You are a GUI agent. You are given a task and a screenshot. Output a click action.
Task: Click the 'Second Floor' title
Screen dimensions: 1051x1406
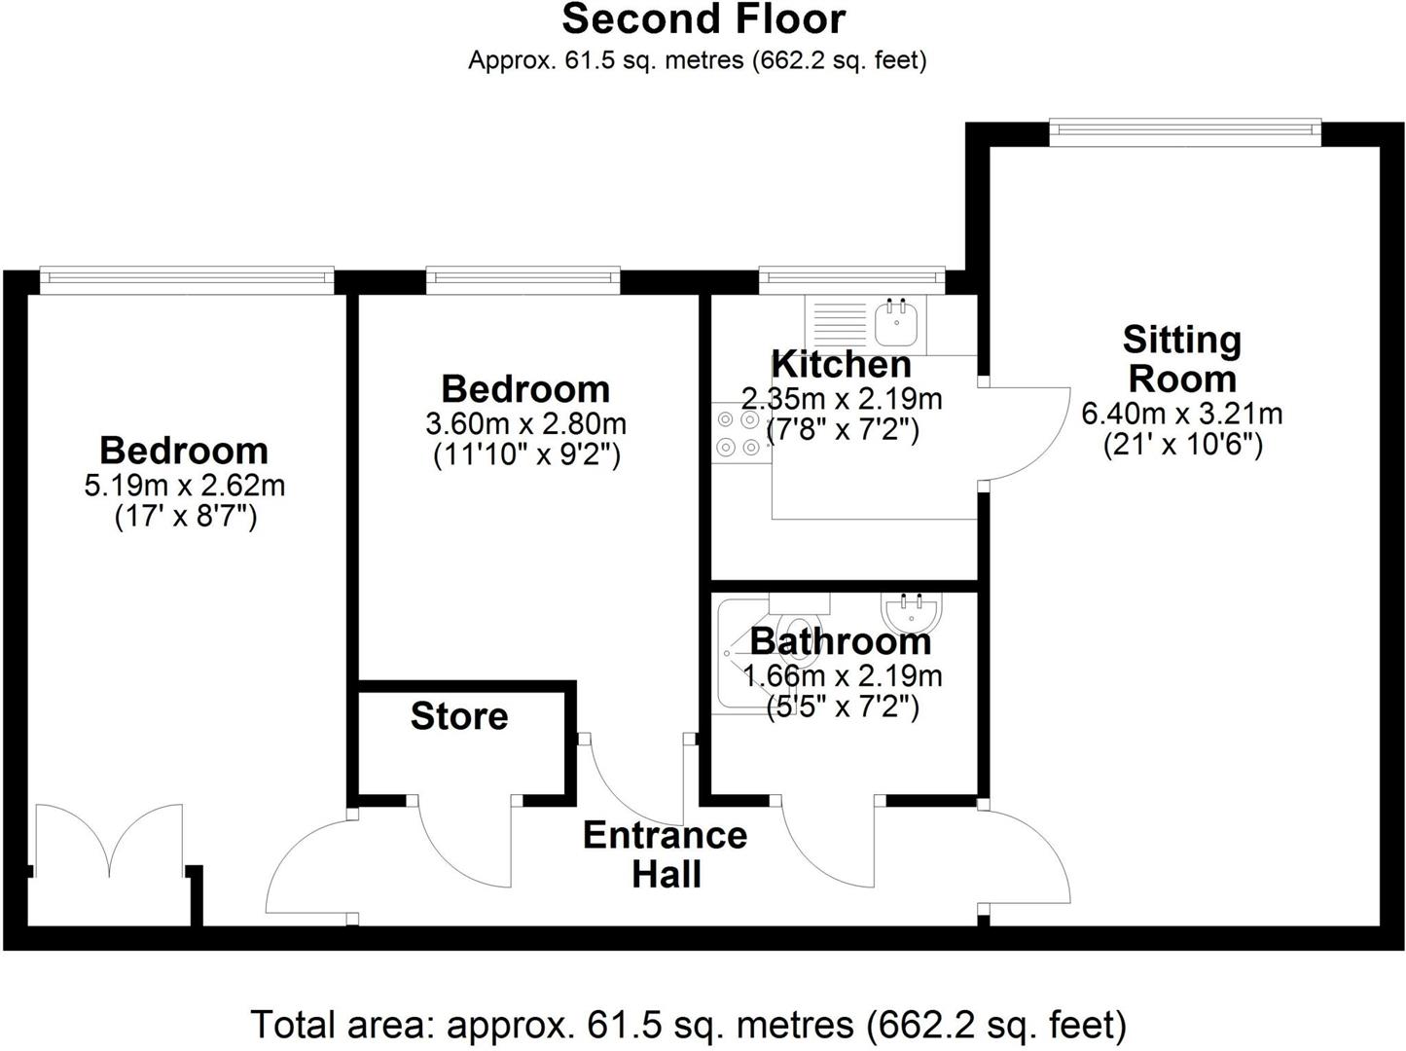pos(703,19)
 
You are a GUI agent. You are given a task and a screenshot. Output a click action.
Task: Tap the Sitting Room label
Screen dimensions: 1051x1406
pos(1181,358)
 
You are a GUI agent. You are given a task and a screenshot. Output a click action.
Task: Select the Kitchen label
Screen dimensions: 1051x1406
pos(841,364)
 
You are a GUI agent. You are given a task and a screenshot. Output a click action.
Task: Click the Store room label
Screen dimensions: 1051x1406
pos(459,716)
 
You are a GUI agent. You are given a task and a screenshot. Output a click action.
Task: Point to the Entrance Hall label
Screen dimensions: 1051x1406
pos(666,853)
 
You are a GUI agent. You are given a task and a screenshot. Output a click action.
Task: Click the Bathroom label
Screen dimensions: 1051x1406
pos(841,641)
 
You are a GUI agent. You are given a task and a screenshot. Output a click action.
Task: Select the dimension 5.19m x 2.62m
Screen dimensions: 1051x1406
pos(185,485)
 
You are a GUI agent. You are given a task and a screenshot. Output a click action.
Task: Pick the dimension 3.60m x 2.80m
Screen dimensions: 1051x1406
pos(525,424)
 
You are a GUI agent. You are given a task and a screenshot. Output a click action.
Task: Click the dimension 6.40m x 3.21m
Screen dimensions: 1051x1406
pos(1181,414)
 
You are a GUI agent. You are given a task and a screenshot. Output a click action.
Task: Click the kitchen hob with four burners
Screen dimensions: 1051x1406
pos(738,434)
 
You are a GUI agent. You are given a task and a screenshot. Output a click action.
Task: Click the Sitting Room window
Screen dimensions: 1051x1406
pos(1184,132)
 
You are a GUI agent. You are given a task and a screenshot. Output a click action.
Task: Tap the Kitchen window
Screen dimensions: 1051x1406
pos(851,280)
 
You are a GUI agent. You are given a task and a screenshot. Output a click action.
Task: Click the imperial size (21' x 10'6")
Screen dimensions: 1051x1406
pos(1181,445)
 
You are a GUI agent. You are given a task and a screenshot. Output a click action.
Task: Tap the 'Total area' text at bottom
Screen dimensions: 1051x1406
pos(688,1024)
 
